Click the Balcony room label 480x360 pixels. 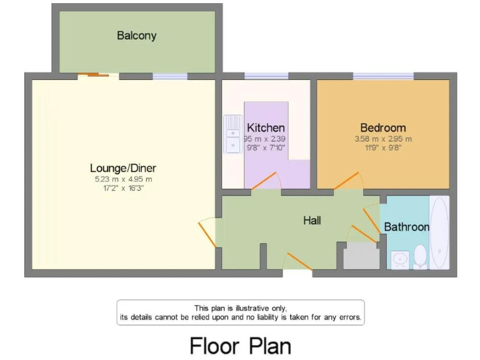pos(136,36)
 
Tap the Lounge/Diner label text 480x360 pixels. pos(123,168)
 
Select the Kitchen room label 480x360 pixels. pos(266,127)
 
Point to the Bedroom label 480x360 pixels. pos(383,127)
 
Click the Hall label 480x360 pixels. pos(312,220)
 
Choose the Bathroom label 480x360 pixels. pos(406,227)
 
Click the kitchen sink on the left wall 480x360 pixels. pos(232,134)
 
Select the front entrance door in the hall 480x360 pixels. pos(298,262)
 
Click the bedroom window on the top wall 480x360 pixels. pos(383,76)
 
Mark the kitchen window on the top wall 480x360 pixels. pos(266,76)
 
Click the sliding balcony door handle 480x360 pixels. pos(94,76)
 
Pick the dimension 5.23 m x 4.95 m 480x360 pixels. pos(123,179)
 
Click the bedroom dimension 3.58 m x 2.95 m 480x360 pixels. pos(383,139)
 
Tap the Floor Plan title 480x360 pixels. pos(240,345)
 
